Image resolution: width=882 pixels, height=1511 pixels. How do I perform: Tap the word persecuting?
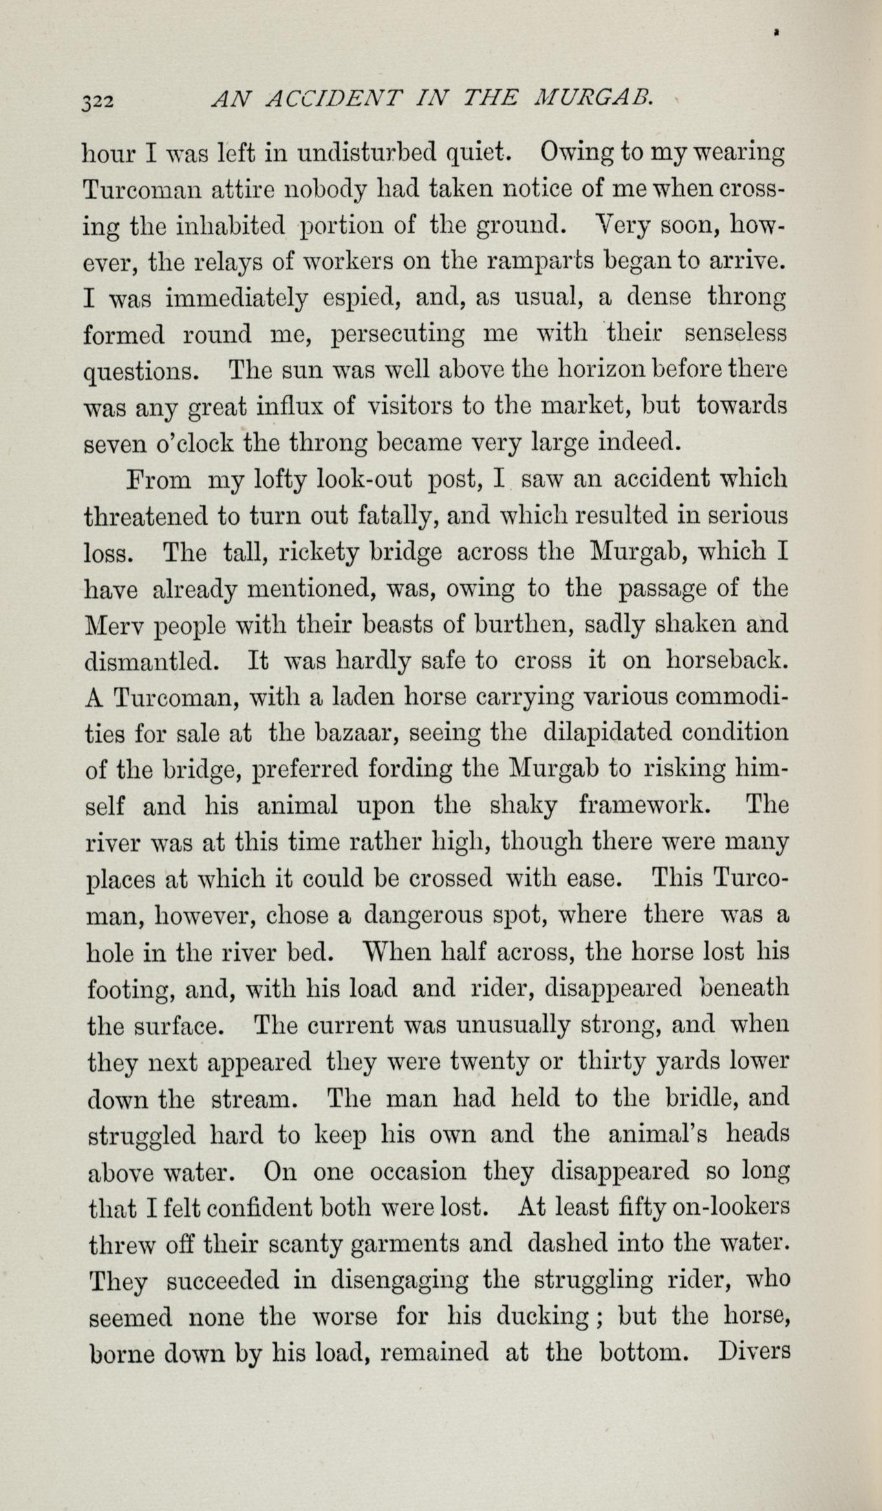click(x=397, y=336)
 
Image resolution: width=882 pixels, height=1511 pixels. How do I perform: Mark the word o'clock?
click(x=197, y=444)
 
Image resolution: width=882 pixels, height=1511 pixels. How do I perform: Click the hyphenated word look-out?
click(x=365, y=481)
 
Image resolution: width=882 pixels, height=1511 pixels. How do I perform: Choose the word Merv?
click(x=114, y=625)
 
